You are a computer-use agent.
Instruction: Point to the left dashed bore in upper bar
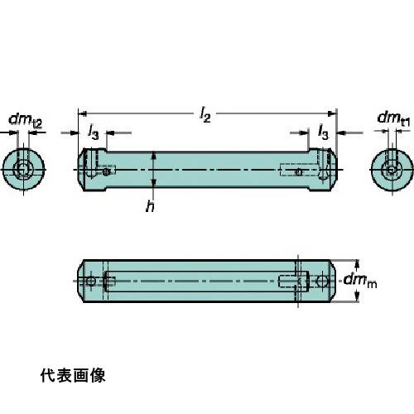coord(105,171)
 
